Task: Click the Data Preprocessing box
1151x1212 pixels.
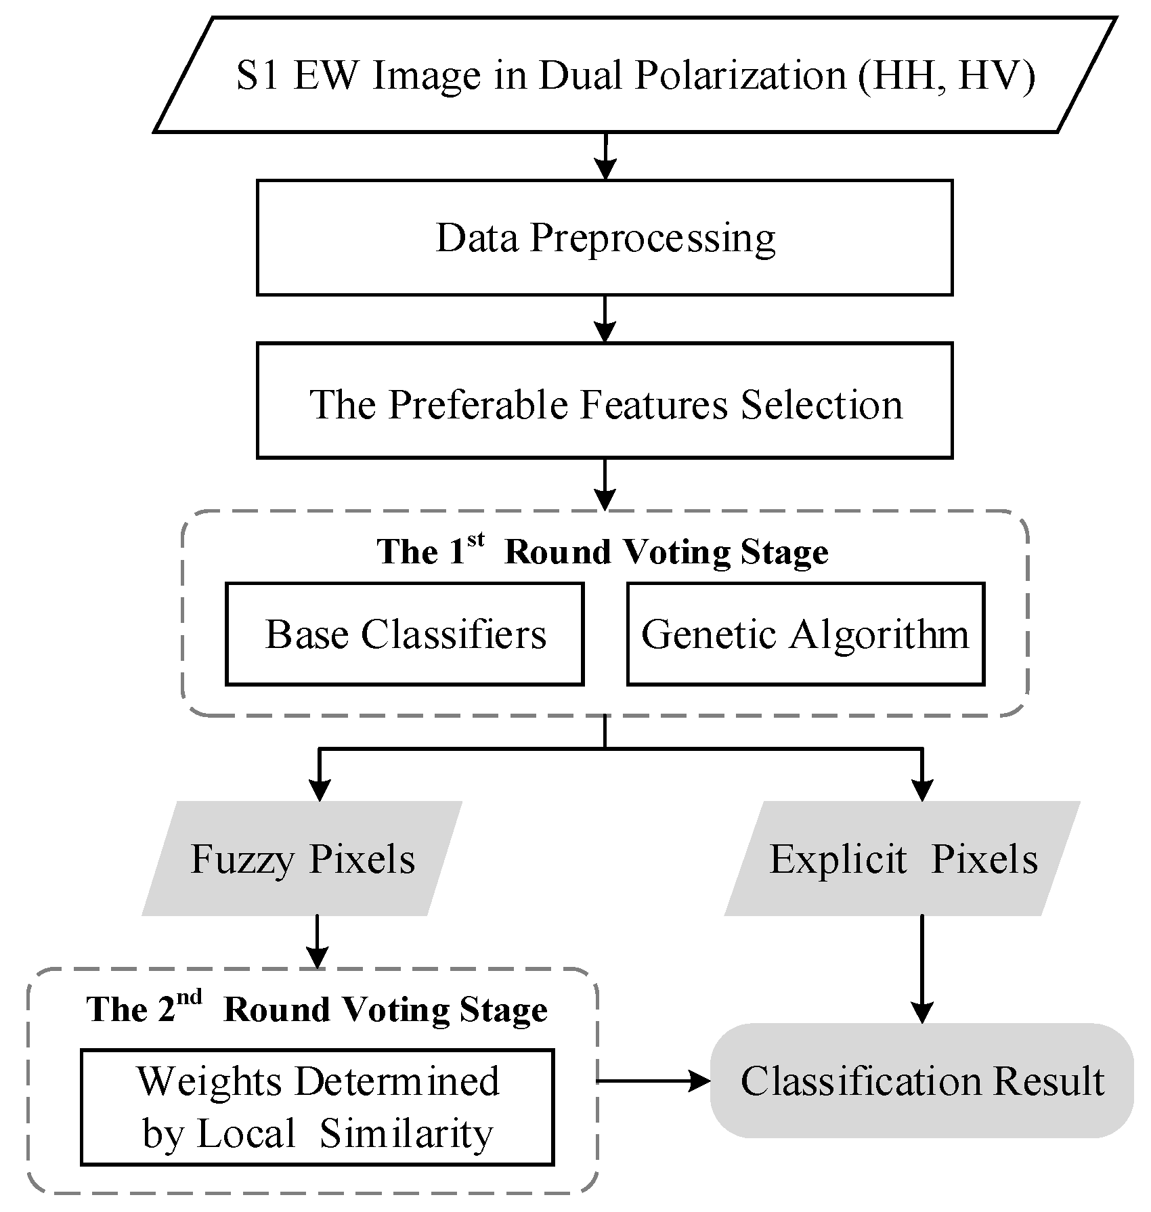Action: coord(605,238)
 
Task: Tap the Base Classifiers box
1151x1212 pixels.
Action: coord(404,634)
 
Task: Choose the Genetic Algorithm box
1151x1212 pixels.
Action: coord(805,634)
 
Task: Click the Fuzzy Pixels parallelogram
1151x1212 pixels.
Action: coord(302,859)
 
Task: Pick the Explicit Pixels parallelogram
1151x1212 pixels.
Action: coord(903,859)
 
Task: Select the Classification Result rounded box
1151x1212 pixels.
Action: coord(921,1081)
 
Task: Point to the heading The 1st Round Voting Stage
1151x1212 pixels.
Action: coord(603,552)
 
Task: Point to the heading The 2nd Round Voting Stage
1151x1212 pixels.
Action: coord(317,1010)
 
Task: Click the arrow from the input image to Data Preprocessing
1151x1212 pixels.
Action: coord(605,156)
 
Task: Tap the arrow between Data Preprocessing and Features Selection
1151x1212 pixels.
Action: coord(605,319)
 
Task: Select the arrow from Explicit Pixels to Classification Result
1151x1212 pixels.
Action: coord(921,968)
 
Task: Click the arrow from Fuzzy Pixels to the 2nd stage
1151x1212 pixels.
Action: coord(317,942)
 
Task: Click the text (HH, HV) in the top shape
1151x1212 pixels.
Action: coord(947,76)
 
